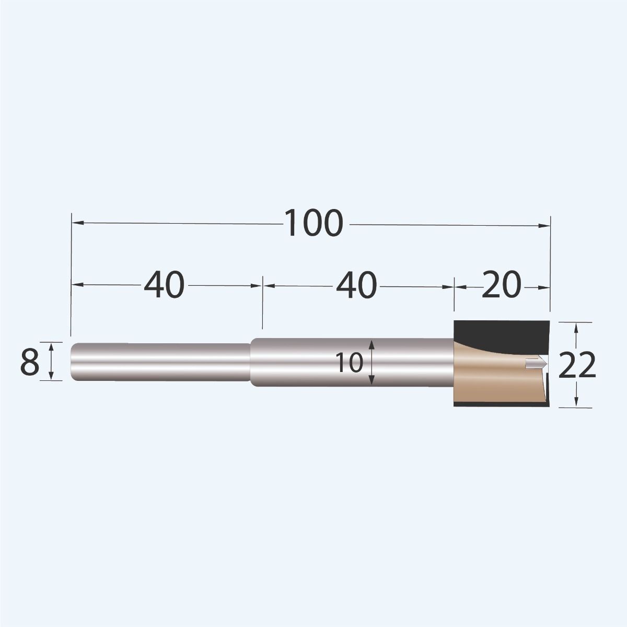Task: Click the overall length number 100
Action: (314, 223)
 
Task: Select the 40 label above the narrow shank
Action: (164, 285)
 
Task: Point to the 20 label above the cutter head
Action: (501, 285)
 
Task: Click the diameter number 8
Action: (29, 362)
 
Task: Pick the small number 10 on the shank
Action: (349, 363)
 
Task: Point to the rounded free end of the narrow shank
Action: (73, 362)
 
